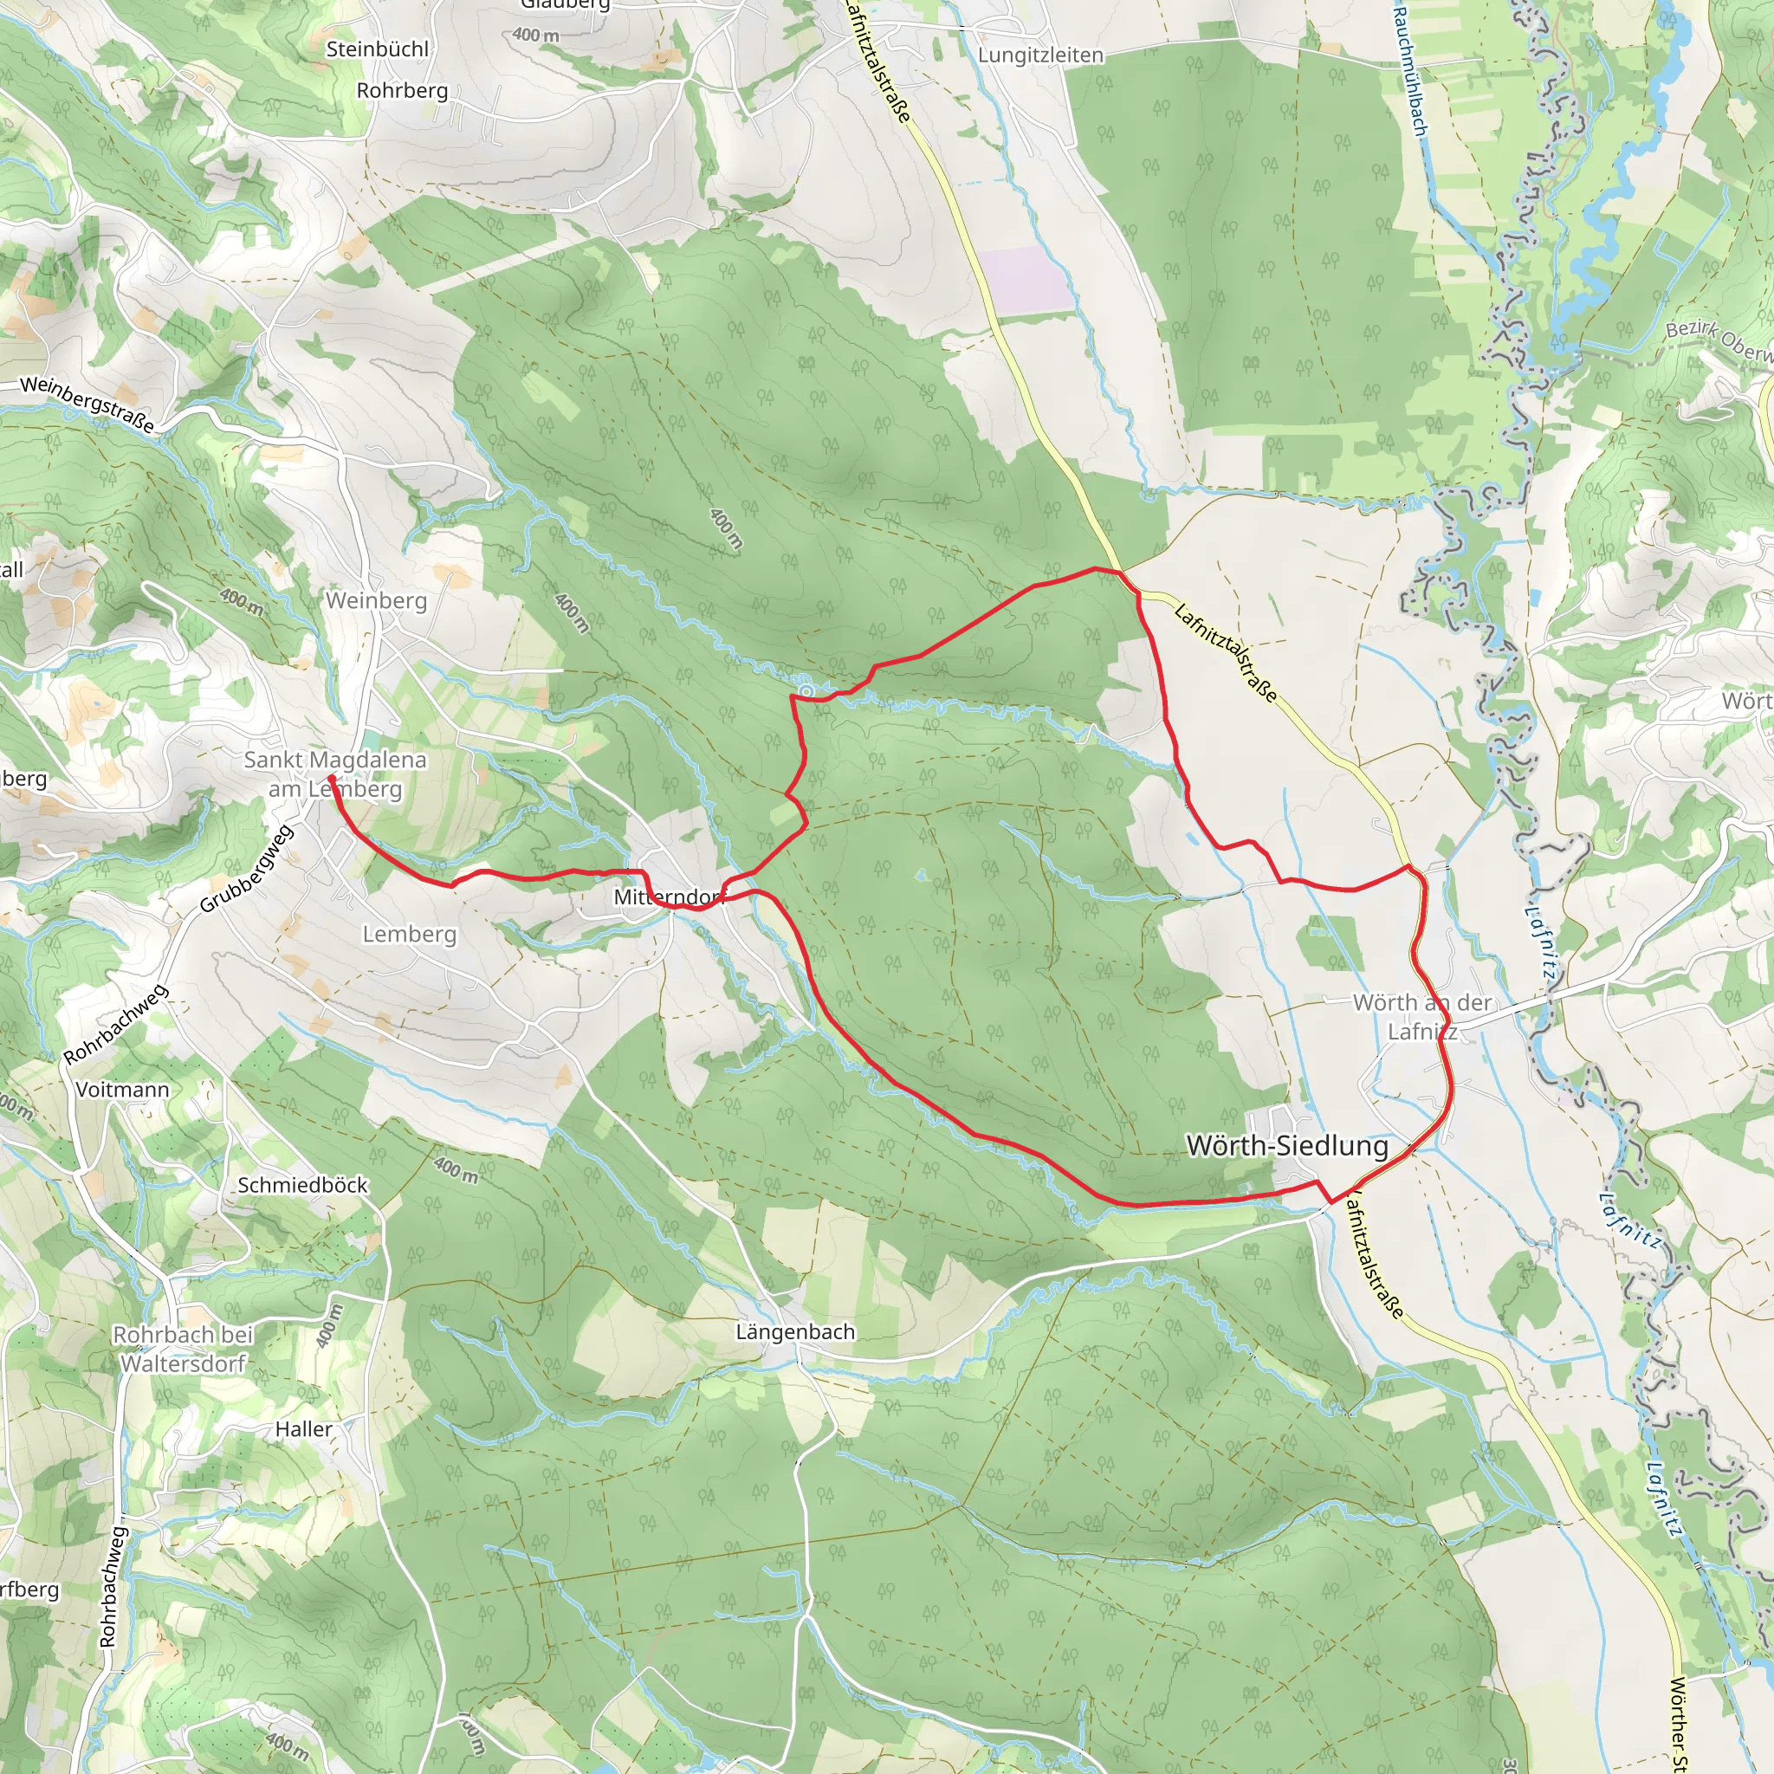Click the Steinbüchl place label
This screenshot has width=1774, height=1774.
point(378,49)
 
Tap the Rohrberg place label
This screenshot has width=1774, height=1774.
point(402,91)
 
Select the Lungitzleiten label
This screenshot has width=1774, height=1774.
point(1040,56)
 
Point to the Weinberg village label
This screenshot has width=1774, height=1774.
point(377,600)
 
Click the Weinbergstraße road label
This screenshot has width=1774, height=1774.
point(87,404)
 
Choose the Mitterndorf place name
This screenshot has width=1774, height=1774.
point(670,897)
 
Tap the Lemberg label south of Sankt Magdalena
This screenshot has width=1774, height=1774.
point(410,935)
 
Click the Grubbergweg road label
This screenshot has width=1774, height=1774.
point(246,869)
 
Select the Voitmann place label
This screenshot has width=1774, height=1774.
point(122,1090)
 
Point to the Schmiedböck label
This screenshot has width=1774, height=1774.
point(303,1186)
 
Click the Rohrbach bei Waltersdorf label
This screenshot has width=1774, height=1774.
point(183,1349)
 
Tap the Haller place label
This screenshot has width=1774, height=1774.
point(304,1429)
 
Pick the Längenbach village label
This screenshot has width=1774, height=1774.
point(795,1331)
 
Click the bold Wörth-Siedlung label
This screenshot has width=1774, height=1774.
point(1287,1146)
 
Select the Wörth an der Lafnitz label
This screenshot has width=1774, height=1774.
point(1422,1016)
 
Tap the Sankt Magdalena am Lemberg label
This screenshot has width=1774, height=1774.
point(335,774)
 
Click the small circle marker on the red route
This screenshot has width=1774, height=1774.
point(806,690)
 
